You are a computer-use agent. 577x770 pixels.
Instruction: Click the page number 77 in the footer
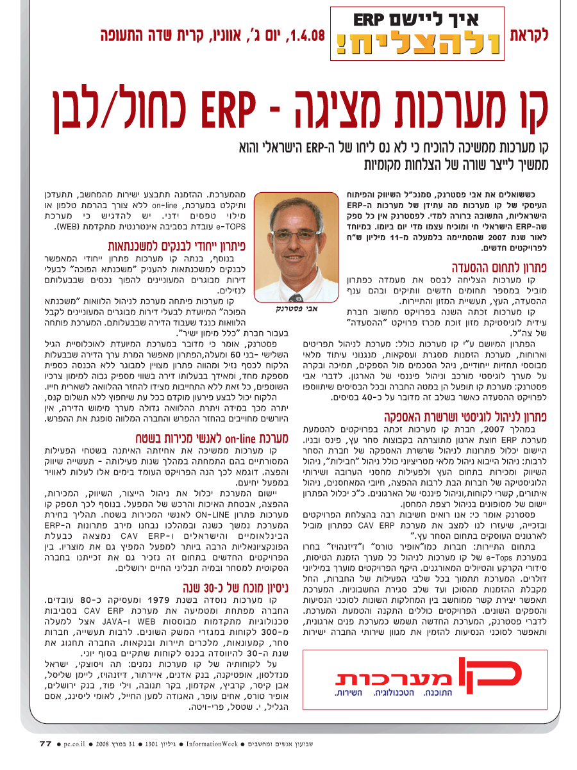tap(45, 744)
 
